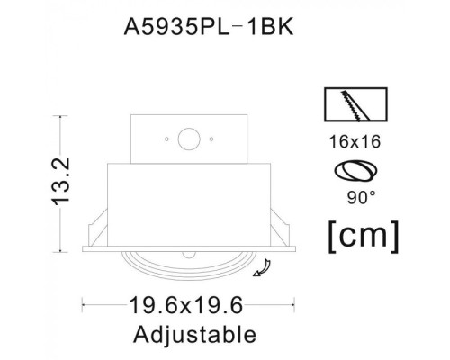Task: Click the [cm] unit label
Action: tap(361, 235)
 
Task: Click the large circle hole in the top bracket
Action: tap(189, 139)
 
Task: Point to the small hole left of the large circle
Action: tap(166, 139)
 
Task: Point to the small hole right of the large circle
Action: tap(211, 139)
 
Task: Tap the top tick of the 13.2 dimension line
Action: tap(61, 115)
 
